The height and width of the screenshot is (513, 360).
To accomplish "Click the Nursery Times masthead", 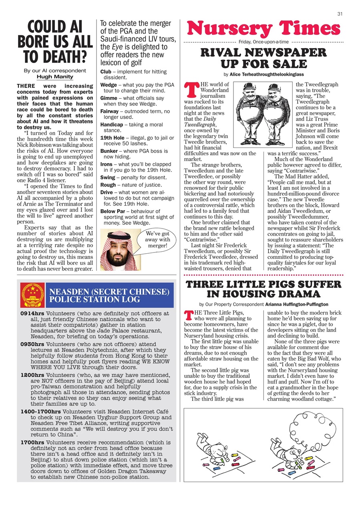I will [x=263, y=29].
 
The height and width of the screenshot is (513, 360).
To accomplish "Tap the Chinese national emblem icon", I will [x=32, y=295].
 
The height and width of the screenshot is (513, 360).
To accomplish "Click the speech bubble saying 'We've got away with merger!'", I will [x=158, y=240].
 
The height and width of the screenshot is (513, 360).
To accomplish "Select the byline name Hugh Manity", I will [x=55, y=77].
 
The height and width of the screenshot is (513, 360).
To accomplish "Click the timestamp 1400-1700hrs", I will [x=40, y=412].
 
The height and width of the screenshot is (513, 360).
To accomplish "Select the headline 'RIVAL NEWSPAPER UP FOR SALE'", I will [x=263, y=58].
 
